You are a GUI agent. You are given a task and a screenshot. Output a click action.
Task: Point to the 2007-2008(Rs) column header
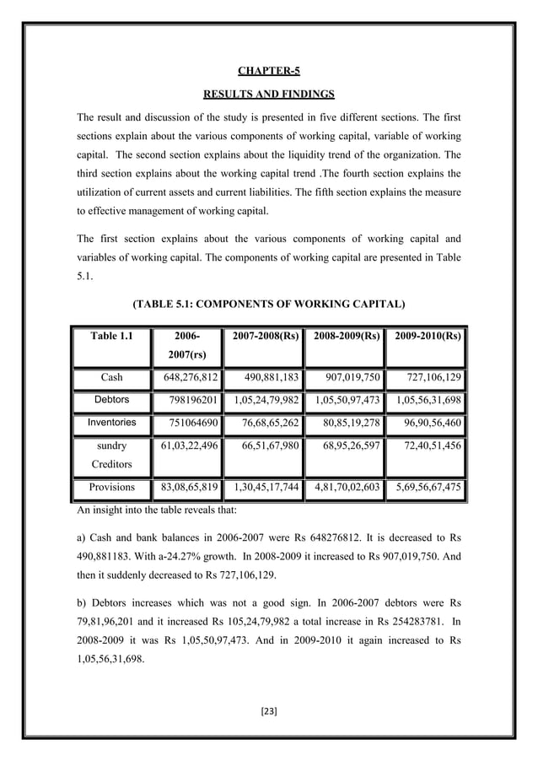coord(261,337)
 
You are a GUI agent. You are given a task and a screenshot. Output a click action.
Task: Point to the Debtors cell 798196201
coord(188,399)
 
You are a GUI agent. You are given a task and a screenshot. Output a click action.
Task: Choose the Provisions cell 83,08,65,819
coord(185,487)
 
